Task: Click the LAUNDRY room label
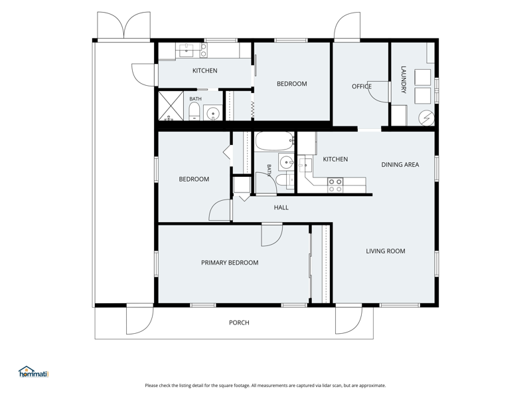404,79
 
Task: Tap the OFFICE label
361,86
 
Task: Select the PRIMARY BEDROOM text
230,263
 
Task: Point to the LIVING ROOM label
386,251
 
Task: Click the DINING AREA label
400,164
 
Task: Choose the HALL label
281,207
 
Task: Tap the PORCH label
239,323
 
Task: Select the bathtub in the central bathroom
274,141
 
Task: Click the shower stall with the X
171,106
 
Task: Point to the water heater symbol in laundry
426,118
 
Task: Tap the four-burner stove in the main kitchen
335,186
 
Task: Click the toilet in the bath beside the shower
194,112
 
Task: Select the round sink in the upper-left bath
212,113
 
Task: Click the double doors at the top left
123,25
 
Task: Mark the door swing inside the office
378,92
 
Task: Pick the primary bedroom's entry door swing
271,235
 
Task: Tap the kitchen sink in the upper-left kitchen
186,51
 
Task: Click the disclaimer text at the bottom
265,386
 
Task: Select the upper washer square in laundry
423,77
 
